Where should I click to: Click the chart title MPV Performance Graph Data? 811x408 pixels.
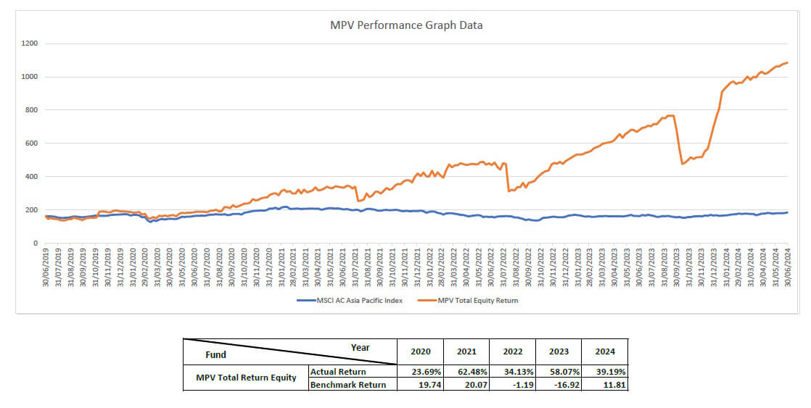pyautogui.click(x=406, y=25)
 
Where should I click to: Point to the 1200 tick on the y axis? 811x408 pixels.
pyautogui.click(x=29, y=43)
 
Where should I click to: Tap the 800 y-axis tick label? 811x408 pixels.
pyautogui.click(x=31, y=110)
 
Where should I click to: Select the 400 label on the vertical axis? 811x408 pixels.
pyautogui.click(x=31, y=177)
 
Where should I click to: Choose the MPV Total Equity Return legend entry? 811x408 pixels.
pyautogui.click(x=478, y=300)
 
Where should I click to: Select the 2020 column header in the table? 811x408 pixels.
pyautogui.click(x=421, y=351)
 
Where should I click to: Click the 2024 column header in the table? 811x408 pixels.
pyautogui.click(x=605, y=351)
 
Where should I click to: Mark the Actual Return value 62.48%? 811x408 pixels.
pyautogui.click(x=466, y=372)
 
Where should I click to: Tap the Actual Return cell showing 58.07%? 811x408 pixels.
pyautogui.click(x=559, y=372)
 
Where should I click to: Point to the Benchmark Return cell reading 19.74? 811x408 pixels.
pyautogui.click(x=421, y=384)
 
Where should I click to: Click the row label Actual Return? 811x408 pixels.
pyautogui.click(x=337, y=372)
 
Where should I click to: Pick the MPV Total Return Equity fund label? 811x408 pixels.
pyautogui.click(x=247, y=378)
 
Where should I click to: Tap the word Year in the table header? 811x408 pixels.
pyautogui.click(x=360, y=347)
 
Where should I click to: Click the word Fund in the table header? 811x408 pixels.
pyautogui.click(x=215, y=354)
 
